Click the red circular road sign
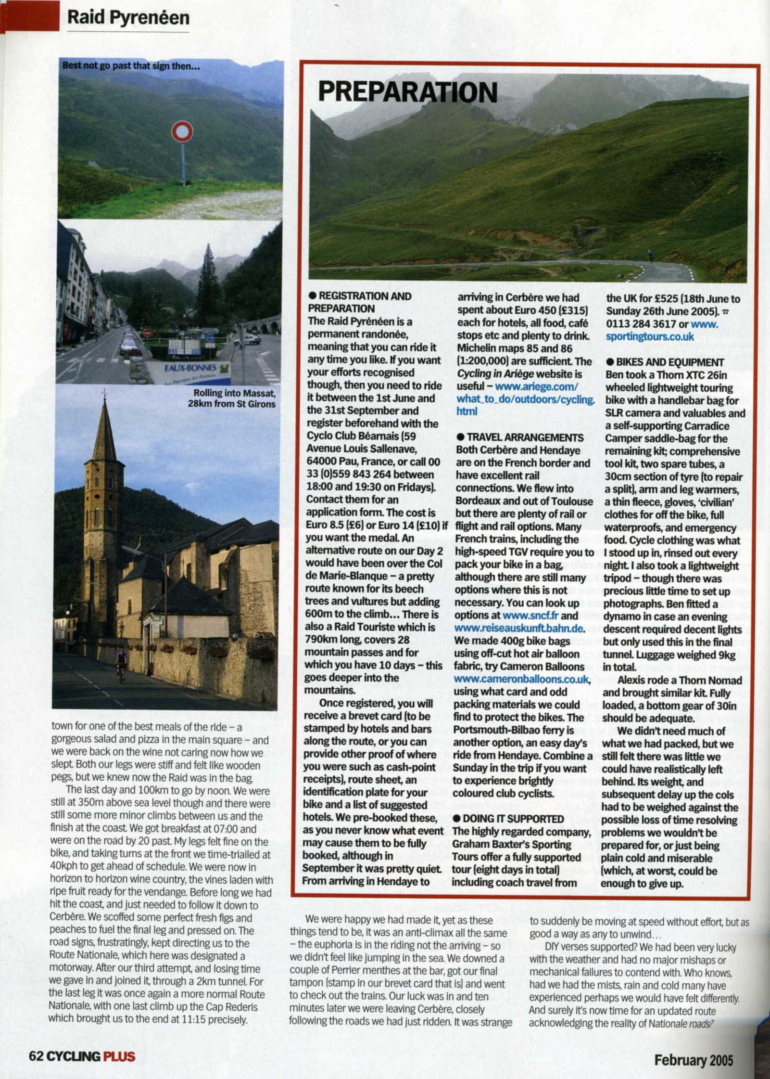point(182,131)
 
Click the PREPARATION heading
point(407,92)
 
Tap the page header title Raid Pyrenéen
point(128,18)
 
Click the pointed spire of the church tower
point(104,426)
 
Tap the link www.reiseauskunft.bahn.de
point(519,628)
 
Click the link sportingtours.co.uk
point(650,336)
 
